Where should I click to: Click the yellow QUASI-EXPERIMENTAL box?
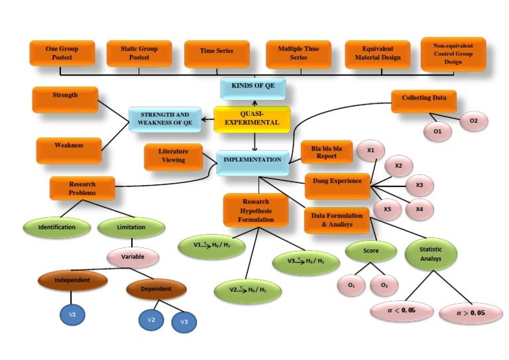click(x=252, y=119)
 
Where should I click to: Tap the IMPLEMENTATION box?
click(x=253, y=160)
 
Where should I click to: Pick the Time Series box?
click(x=217, y=52)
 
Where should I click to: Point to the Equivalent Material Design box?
click(x=378, y=54)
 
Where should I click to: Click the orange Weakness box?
click(x=69, y=147)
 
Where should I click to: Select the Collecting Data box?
click(x=424, y=99)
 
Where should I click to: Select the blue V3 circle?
click(x=184, y=322)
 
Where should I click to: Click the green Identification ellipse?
click(x=56, y=227)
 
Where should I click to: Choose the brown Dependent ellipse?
click(x=156, y=289)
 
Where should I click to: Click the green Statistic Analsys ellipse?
click(x=431, y=254)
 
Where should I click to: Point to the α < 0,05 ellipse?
click(x=401, y=311)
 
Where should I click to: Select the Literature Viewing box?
click(x=174, y=156)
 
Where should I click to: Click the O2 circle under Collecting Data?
click(x=473, y=121)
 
